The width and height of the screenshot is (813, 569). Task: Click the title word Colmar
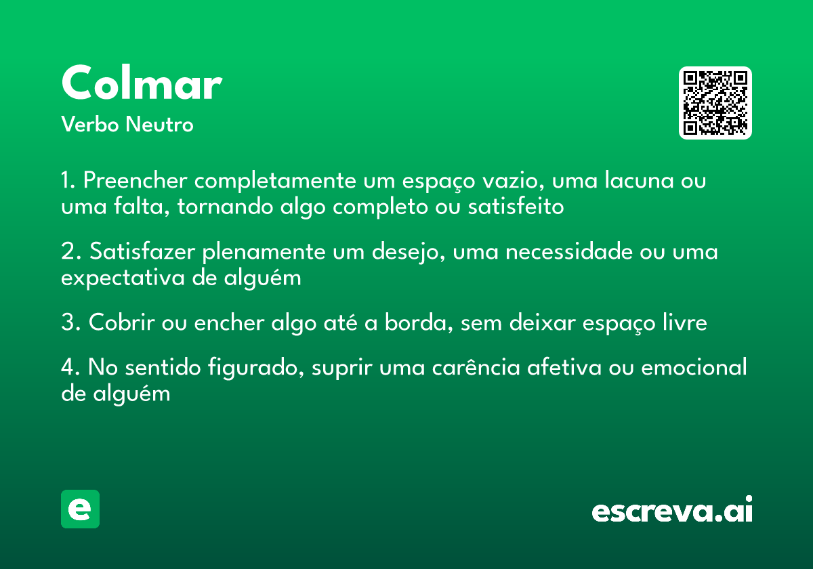[x=142, y=82]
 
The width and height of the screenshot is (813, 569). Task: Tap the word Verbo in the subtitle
[x=90, y=124]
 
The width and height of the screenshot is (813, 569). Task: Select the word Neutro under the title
[x=159, y=124]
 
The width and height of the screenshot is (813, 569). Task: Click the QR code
[x=715, y=103]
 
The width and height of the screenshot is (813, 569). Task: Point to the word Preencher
[x=135, y=180]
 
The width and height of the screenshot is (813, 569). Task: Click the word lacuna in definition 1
[x=639, y=180]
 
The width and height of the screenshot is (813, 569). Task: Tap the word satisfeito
[x=516, y=206]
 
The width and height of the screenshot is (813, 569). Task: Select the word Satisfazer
[x=142, y=251]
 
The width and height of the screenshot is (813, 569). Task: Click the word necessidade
[x=569, y=251]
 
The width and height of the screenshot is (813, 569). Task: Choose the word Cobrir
[x=121, y=322]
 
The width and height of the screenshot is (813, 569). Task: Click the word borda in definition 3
[x=419, y=322]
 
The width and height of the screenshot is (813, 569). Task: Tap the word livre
[x=685, y=322]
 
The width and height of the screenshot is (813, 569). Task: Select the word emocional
[x=694, y=366]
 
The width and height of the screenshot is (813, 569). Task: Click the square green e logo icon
[x=80, y=509]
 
